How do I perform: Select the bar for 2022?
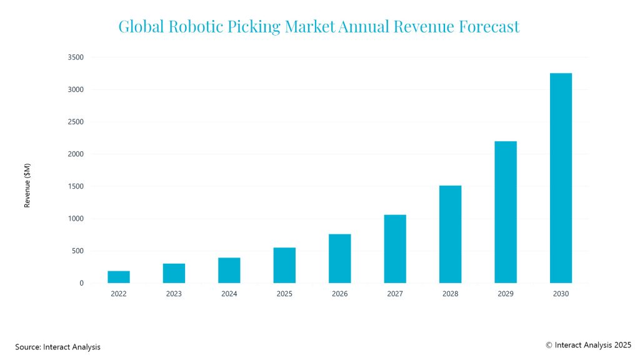point(119,277)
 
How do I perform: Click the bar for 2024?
point(229,270)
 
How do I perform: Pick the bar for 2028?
point(450,234)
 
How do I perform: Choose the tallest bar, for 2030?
point(561,178)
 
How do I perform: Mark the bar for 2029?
point(506,212)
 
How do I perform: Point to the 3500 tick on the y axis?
point(76,57)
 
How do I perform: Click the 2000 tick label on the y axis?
point(76,154)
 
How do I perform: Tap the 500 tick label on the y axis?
point(77,251)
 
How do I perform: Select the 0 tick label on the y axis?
point(81,283)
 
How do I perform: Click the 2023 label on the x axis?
point(174,294)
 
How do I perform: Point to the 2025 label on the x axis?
point(284,294)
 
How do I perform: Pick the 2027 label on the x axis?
point(395,294)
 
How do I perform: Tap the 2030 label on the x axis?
point(561,294)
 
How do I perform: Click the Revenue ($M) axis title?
point(27,186)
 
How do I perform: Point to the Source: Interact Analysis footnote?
point(57,346)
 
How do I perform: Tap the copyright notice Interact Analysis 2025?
point(588,344)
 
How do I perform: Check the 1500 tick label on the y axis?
point(76,187)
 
